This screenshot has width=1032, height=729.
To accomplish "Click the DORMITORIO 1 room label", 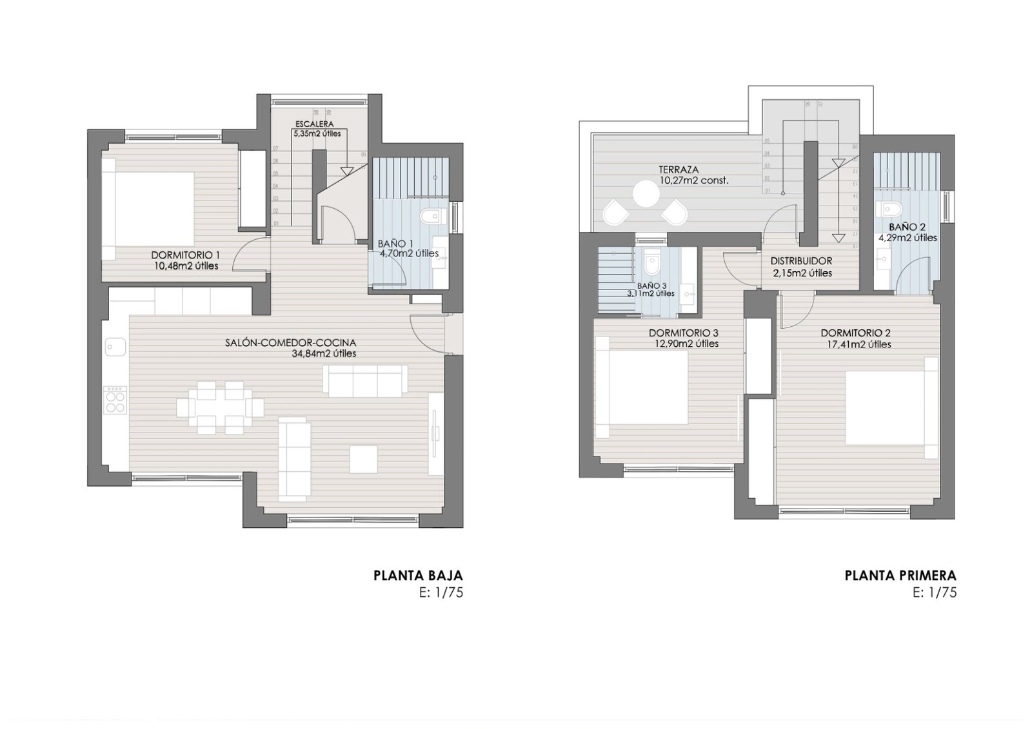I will tap(185, 254).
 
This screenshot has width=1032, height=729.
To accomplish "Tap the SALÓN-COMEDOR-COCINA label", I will tap(290, 343).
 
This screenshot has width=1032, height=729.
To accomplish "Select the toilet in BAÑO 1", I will tap(428, 215).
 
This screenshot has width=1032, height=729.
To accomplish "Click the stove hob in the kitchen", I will tap(115, 400).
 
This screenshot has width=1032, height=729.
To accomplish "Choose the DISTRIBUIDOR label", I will tap(801, 261).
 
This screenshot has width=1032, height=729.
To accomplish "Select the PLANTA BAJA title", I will tap(418, 576).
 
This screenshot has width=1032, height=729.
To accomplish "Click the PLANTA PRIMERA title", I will tap(900, 576).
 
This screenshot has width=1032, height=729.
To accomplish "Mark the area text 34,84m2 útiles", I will tap(323, 353).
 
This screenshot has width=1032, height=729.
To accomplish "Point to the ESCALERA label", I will tap(314, 124).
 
